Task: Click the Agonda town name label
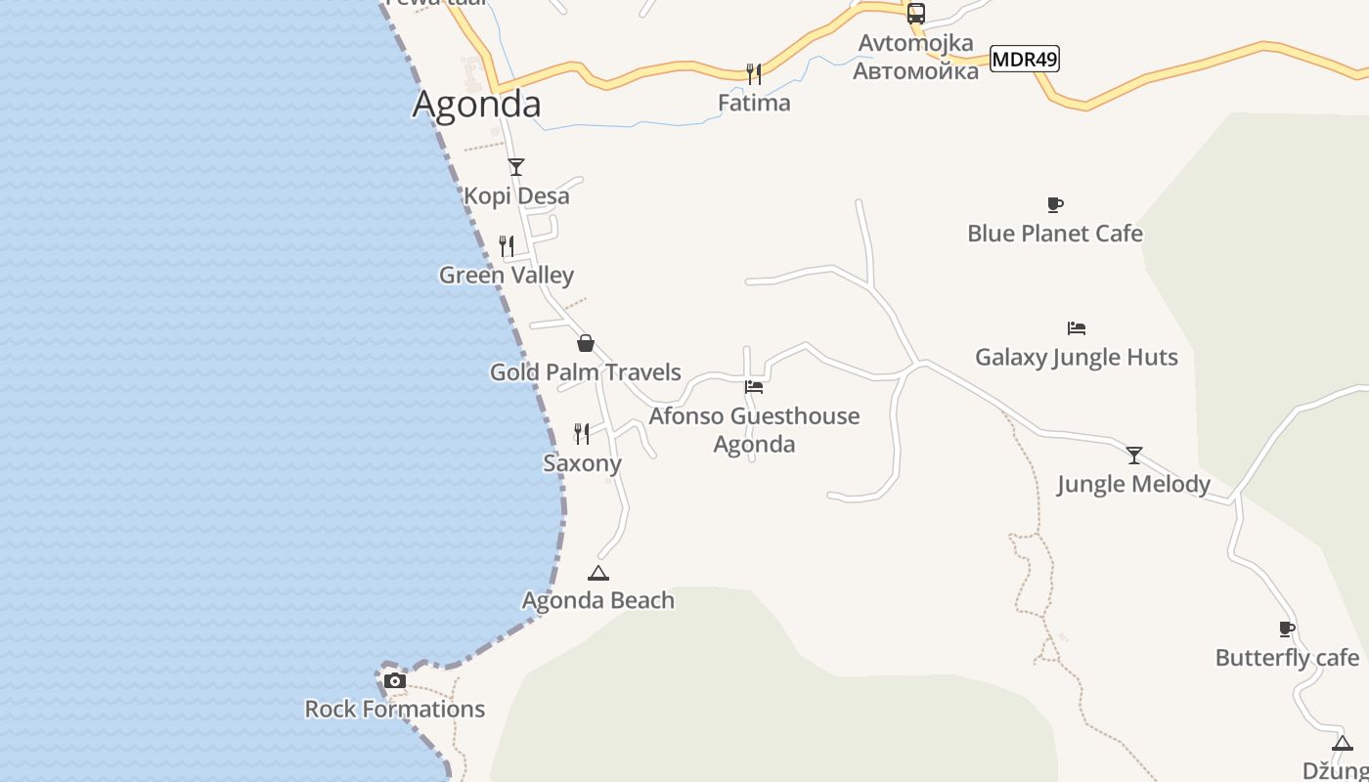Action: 476,104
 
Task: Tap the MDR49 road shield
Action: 1025,59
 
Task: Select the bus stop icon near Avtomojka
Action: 915,14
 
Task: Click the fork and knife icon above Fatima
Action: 753,73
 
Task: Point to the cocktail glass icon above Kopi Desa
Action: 516,167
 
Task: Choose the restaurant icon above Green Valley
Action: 507,246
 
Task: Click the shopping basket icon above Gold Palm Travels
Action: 585,343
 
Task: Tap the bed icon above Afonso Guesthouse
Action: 753,387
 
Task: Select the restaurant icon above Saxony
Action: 582,433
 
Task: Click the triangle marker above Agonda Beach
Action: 597,573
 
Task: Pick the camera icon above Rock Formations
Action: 394,680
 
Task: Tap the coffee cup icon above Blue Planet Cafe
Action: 1054,204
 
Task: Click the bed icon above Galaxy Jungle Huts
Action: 1076,328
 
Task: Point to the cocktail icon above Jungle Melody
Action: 1133,456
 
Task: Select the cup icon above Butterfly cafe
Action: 1287,629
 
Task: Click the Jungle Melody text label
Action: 1133,484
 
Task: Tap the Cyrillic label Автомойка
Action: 915,71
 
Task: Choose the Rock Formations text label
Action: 394,709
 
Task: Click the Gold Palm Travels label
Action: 585,372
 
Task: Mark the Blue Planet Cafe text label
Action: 1054,234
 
